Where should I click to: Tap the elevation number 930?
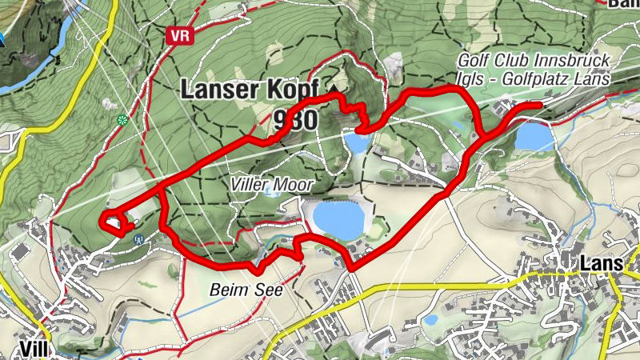pyautogui.click(x=295, y=120)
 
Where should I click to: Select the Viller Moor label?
pyautogui.click(x=270, y=184)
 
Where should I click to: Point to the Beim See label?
pyautogui.click(x=247, y=290)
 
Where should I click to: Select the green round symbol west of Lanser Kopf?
pyautogui.click(x=122, y=120)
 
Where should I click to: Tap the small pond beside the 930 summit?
pyautogui.click(x=357, y=143)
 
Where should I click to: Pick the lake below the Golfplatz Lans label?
pyautogui.click(x=534, y=137)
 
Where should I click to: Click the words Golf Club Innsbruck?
pyautogui.click(x=534, y=62)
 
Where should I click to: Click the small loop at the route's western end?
pyautogui.click(x=114, y=223)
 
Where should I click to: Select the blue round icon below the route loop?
pyautogui.click(x=139, y=238)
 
